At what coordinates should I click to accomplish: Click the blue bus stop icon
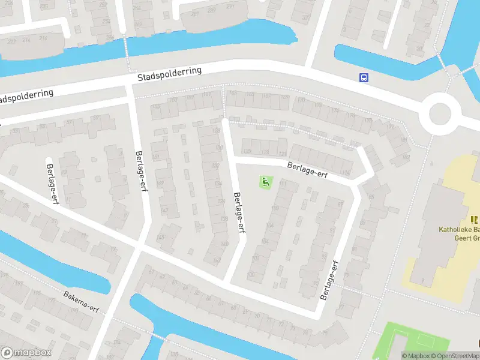pyautogui.click(x=364, y=77)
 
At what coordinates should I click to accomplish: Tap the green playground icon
pyautogui.click(x=265, y=181)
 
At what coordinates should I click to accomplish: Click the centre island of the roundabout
pyautogui.click(x=440, y=113)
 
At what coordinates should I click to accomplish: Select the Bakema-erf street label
pyautogui.click(x=82, y=302)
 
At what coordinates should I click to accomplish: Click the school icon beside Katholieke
pyautogui.click(x=475, y=220)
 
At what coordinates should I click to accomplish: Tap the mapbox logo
pyautogui.click(x=26, y=353)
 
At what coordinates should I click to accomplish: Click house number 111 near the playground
pyautogui.click(x=283, y=184)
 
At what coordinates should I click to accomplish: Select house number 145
pyautogui.click(x=161, y=238)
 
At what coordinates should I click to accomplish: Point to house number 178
pyautogui.click(x=367, y=121)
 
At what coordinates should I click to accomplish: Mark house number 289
pyautogui.click(x=211, y=10)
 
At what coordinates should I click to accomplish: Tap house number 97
pyautogui.click(x=341, y=307)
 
